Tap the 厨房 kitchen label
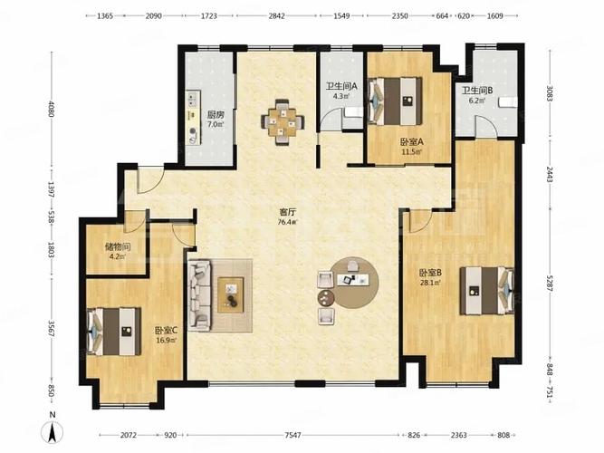(216, 115)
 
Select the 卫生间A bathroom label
(341, 86)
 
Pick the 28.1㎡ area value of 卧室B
(430, 282)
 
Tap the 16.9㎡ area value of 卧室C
(166, 340)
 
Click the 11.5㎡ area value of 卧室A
(412, 151)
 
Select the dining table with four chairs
(283, 121)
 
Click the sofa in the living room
(200, 295)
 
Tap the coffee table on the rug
(230, 295)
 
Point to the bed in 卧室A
(395, 101)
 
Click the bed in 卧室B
(487, 291)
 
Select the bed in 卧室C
(114, 332)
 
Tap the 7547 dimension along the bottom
(292, 435)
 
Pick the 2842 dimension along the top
(276, 15)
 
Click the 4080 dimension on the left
(52, 109)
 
